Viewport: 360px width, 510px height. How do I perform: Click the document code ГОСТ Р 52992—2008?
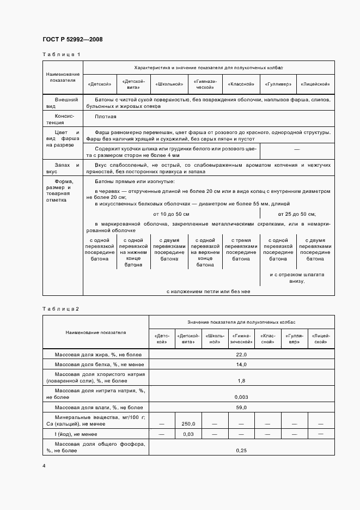[x=72, y=39]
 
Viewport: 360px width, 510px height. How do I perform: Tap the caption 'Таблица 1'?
[x=61, y=54]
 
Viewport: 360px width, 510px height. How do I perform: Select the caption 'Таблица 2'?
[x=61, y=309]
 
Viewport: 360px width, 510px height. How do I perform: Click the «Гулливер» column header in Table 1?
[x=278, y=84]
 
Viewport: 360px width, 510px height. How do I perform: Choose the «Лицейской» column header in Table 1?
[x=316, y=84]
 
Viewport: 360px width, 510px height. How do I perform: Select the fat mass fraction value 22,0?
[x=241, y=355]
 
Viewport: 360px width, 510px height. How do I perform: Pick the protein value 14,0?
[x=241, y=365]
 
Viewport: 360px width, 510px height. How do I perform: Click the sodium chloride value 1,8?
[x=241, y=380]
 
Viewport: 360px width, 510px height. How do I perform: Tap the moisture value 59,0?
[x=241, y=408]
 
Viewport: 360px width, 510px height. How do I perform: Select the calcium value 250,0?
[x=188, y=423]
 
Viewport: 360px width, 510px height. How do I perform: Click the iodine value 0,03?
[x=188, y=434]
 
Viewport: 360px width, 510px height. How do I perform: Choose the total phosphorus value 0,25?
[x=241, y=450]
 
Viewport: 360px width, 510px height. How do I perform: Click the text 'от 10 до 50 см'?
[x=172, y=214]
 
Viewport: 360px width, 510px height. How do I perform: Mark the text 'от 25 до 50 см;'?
[x=297, y=214]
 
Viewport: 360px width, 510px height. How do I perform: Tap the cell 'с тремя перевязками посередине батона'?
[x=241, y=250]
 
